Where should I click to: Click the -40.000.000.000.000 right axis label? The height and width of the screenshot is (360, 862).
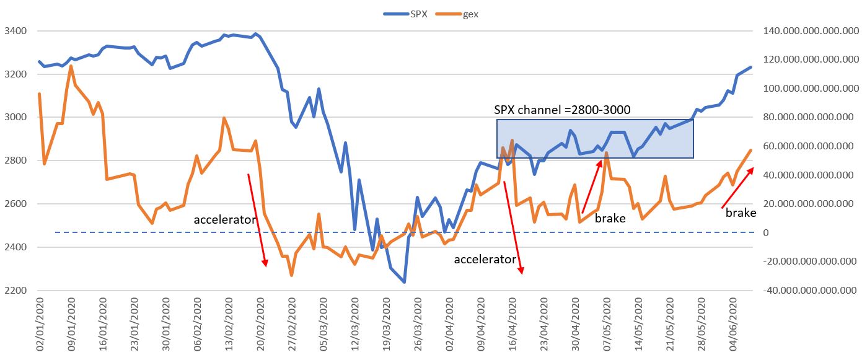click(806, 291)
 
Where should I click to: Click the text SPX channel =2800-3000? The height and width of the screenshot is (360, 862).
click(562, 110)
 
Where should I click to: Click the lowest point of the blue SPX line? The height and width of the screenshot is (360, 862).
click(404, 283)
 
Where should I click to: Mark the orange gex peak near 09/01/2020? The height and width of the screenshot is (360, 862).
click(71, 66)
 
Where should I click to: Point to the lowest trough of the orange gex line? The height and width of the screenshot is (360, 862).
click(291, 275)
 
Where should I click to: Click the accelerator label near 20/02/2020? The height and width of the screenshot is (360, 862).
click(225, 219)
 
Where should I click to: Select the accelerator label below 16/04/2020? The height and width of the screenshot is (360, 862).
click(485, 259)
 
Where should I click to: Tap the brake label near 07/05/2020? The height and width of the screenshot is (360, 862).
click(610, 218)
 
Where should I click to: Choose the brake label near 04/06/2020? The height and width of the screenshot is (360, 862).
click(741, 213)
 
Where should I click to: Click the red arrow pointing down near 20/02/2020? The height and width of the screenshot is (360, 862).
click(257, 220)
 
